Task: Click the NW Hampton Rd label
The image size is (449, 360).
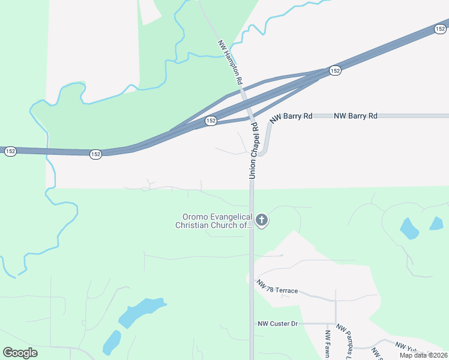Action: point(231,62)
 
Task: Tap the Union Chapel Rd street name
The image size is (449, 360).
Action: point(253,150)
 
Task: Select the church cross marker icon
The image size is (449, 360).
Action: point(261,220)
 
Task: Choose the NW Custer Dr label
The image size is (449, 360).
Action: point(277,323)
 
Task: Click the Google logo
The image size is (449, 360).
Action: point(20,353)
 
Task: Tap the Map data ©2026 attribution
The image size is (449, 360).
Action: point(423,355)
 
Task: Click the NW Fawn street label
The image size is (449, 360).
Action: point(328,344)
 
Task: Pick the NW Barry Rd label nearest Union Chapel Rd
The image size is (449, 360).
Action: point(291,116)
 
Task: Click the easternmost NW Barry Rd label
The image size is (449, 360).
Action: point(355,115)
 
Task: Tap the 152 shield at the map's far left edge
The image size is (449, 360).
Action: point(10,151)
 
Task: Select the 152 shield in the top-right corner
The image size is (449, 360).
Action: point(441,28)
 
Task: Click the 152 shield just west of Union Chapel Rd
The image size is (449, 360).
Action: point(211,121)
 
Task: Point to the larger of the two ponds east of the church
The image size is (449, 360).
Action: point(409,229)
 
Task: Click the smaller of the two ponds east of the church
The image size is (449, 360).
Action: point(436,223)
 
